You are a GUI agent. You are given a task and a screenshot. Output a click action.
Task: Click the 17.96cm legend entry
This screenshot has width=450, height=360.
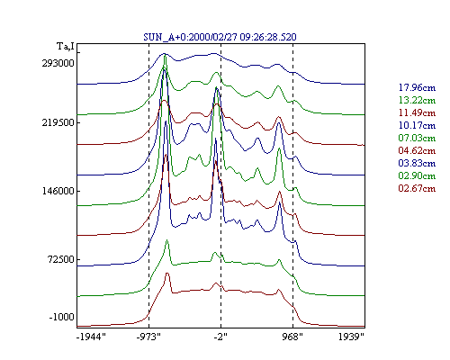417,87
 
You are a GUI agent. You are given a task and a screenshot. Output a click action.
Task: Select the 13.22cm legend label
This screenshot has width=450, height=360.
417,100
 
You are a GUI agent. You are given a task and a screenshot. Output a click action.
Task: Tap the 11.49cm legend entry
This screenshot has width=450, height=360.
417,112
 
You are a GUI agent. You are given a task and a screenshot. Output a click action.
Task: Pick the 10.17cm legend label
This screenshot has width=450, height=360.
417,125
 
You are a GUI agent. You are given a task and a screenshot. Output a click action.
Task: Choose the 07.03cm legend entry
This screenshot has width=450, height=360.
417,138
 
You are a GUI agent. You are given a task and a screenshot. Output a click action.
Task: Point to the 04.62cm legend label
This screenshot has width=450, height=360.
417,150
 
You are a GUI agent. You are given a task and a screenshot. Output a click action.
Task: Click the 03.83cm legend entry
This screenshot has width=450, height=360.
417,163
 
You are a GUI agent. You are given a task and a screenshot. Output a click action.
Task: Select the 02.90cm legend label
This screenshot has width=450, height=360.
417,175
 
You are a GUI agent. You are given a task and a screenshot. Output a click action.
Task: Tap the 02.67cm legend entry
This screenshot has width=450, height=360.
417,188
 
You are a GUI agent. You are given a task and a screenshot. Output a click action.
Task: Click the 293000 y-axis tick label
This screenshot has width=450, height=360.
58,63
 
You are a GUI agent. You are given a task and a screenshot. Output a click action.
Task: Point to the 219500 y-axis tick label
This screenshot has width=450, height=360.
58,122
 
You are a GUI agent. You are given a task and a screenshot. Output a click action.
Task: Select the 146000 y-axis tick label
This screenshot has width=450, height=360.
58,191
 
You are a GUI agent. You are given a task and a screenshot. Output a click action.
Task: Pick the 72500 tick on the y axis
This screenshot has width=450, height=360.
60,259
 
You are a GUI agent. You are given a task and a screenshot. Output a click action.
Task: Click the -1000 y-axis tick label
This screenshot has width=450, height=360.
61,317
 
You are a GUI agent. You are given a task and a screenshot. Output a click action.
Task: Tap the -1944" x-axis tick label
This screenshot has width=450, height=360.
91,337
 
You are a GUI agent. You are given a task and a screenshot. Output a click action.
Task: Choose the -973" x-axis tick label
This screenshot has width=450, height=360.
148,337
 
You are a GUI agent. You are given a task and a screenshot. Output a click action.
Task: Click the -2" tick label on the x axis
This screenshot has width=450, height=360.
220,337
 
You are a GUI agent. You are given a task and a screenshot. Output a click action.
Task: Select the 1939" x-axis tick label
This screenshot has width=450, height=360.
351,337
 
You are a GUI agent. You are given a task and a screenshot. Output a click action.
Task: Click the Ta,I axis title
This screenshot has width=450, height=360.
66,47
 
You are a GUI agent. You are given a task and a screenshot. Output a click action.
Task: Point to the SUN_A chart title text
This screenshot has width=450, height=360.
220,37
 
